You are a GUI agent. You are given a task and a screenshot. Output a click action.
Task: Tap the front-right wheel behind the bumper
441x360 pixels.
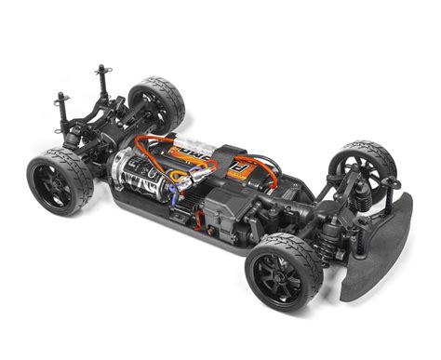364,167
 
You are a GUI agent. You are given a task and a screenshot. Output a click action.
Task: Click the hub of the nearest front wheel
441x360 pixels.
279,275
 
